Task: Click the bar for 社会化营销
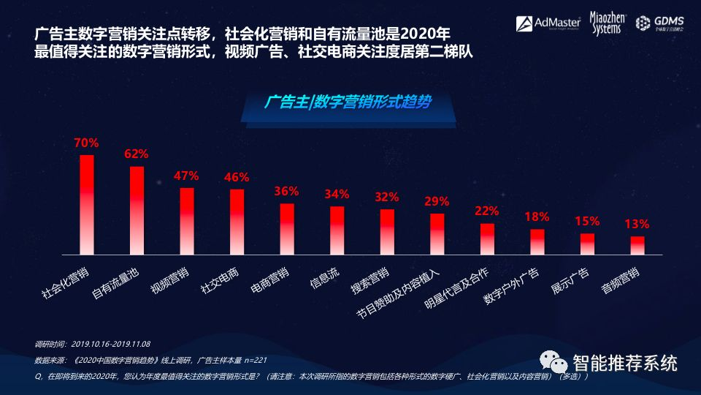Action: point(86,205)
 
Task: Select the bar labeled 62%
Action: point(137,211)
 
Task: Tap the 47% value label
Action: point(186,176)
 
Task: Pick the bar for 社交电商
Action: point(237,222)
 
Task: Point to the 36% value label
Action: point(286,191)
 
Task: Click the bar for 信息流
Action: point(337,230)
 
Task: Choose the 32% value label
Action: point(386,197)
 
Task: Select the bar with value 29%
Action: point(437,233)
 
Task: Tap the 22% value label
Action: point(486,211)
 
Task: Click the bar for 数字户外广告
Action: point(537,241)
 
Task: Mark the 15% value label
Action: point(586,221)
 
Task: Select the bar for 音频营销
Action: point(637,245)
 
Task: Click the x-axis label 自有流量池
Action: point(115,282)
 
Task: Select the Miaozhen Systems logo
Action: point(605,23)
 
